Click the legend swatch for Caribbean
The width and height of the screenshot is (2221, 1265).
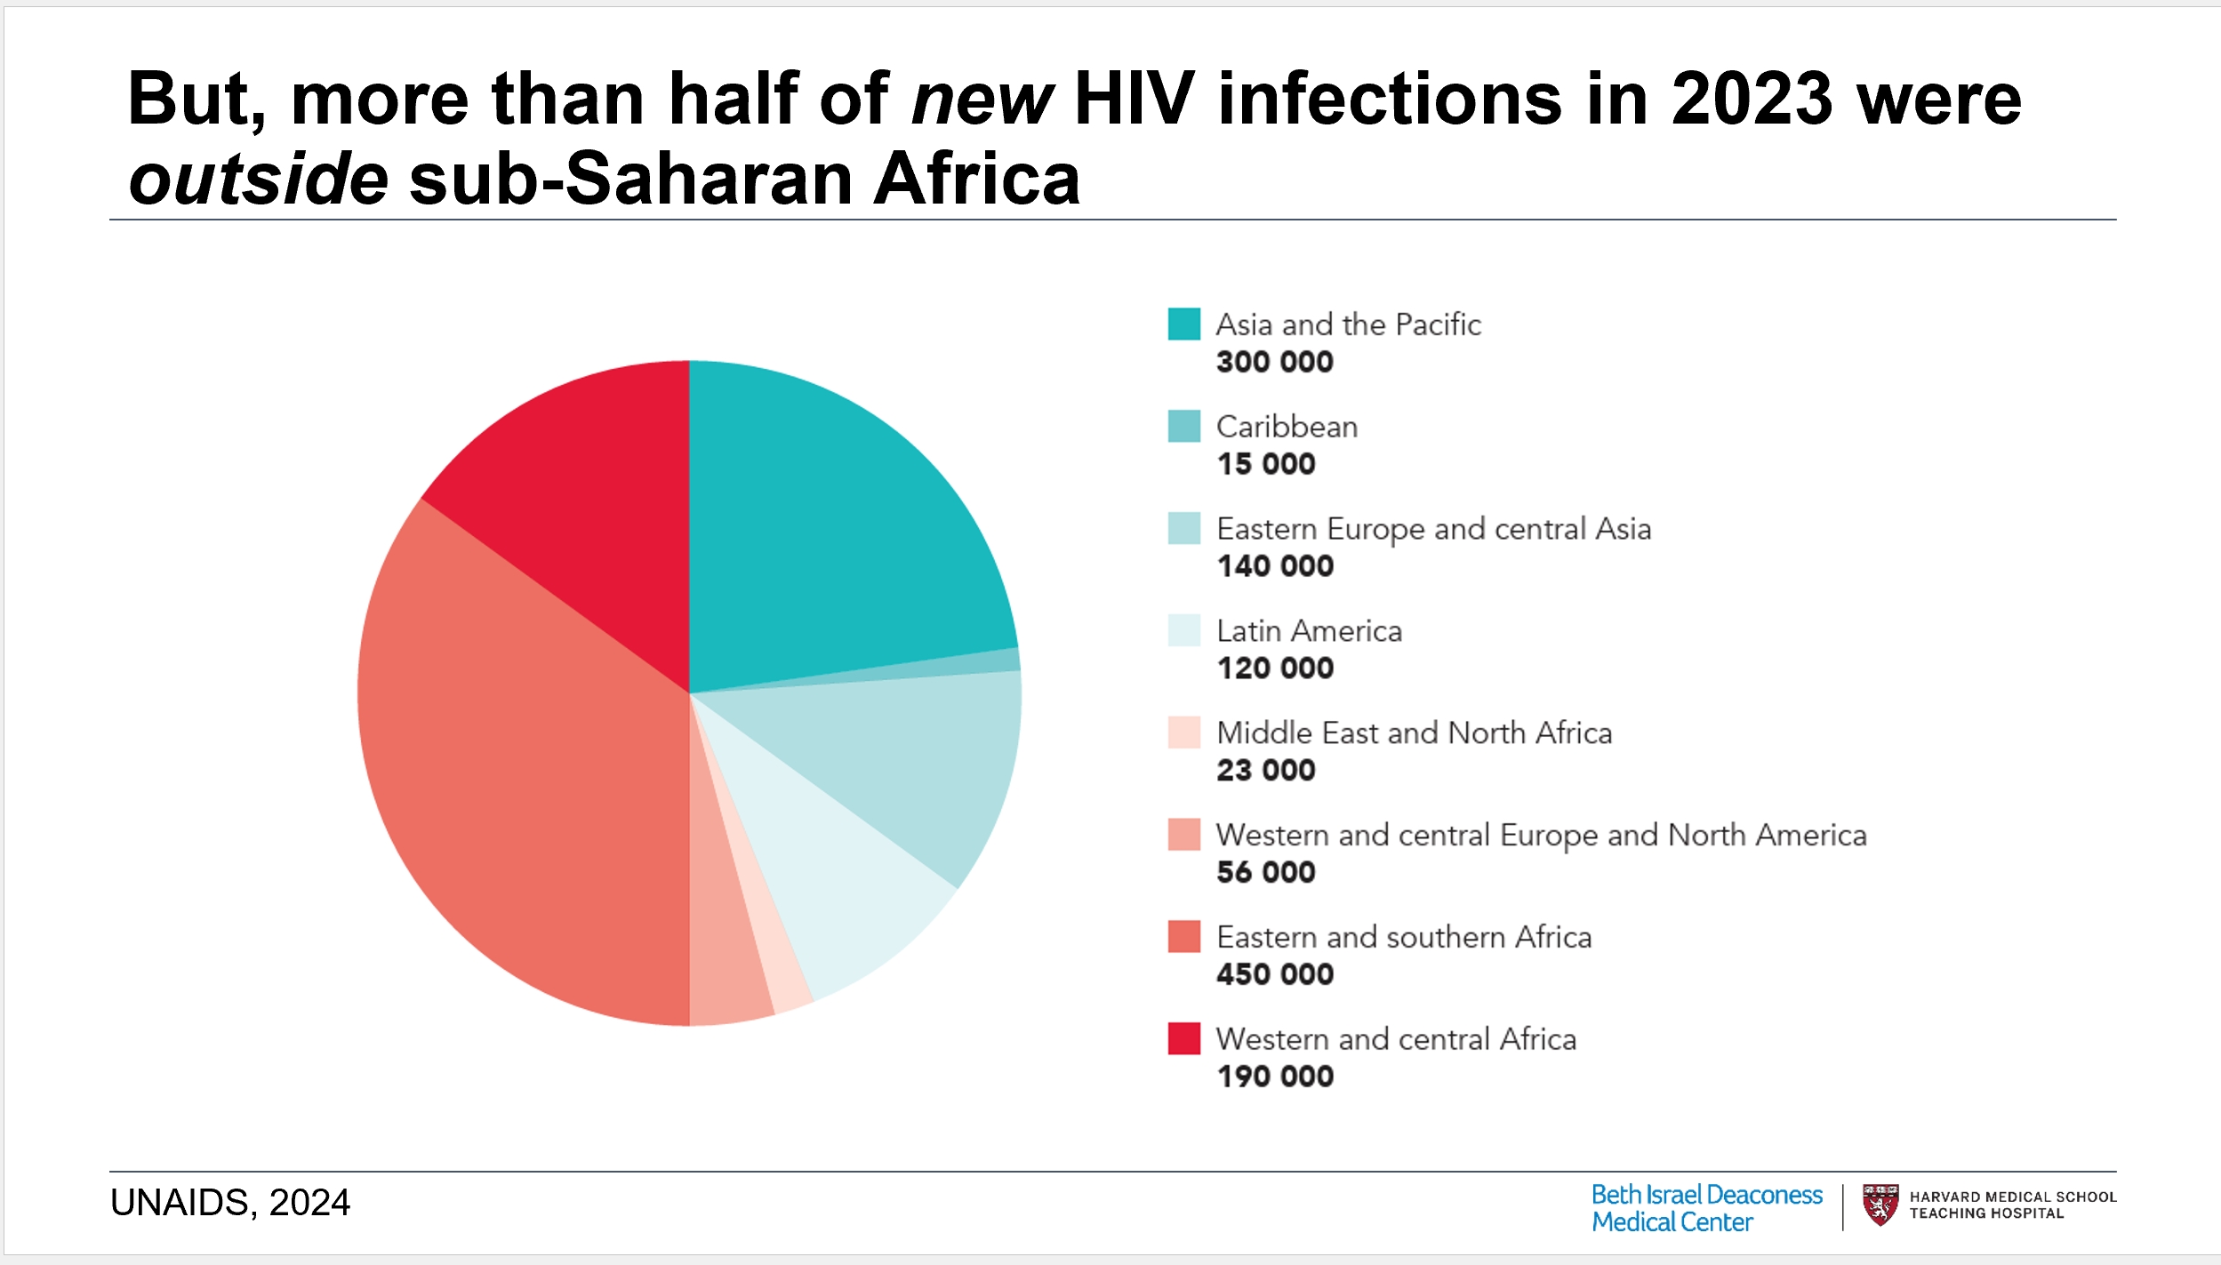[1183, 427]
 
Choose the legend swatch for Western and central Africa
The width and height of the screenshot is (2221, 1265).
[1183, 1038]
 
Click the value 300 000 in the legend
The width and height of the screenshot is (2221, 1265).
[1274, 362]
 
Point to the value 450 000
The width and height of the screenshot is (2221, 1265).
[1274, 974]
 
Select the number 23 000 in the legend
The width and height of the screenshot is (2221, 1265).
[1265, 770]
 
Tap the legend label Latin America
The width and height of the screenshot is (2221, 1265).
[1309, 631]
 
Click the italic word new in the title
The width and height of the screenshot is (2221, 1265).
[981, 100]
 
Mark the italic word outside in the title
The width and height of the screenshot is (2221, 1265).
[258, 179]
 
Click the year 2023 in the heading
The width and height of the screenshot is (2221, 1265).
[1751, 100]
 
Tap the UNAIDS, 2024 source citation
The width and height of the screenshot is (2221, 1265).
[230, 1203]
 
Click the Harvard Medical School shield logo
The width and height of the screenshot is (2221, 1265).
[1880, 1205]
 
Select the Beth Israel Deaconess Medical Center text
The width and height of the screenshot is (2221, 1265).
[1705, 1208]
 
